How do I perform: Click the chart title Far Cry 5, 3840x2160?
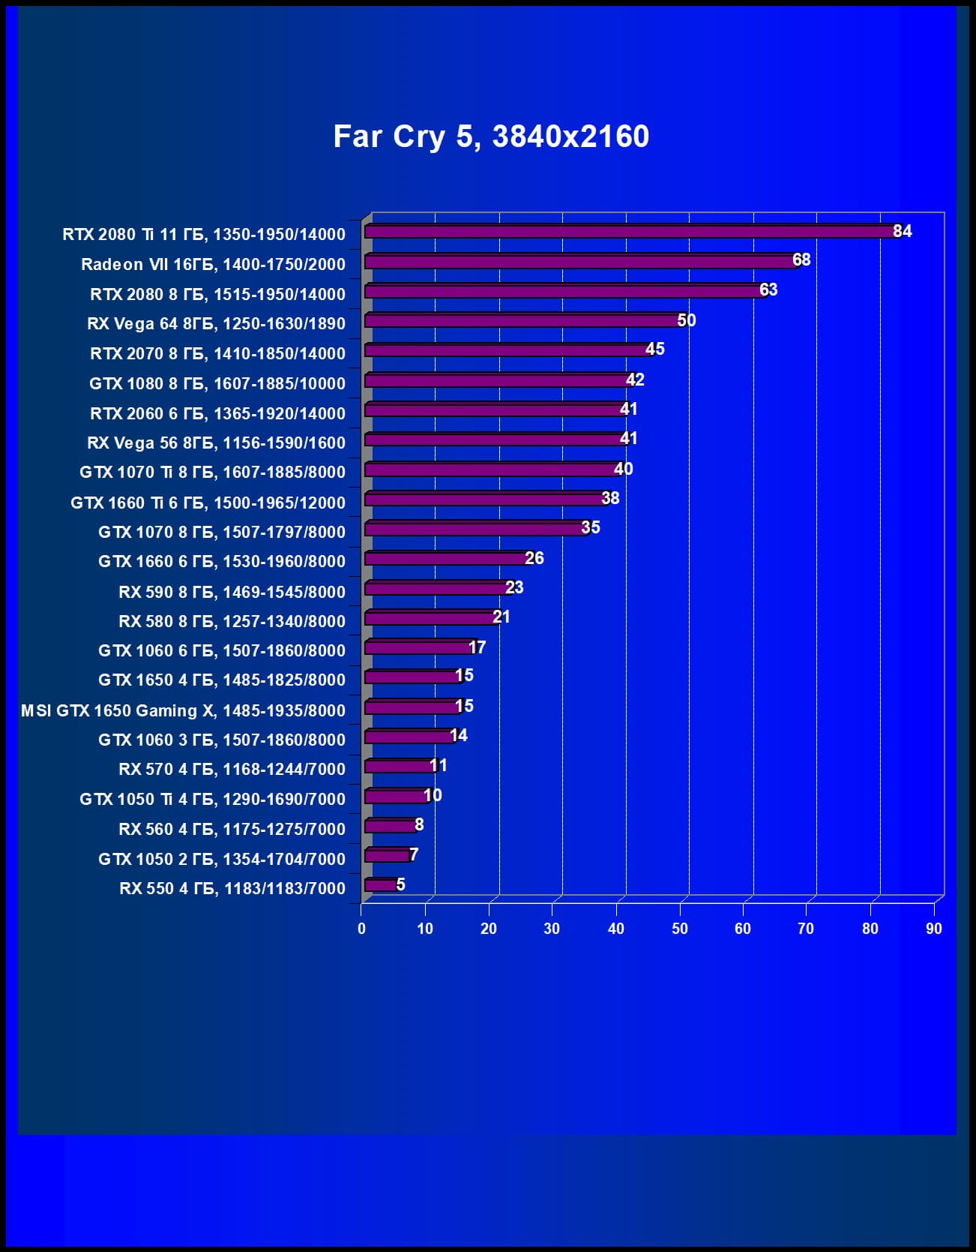click(x=491, y=137)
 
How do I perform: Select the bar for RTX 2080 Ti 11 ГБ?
click(x=630, y=232)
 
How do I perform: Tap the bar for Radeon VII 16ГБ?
click(x=581, y=262)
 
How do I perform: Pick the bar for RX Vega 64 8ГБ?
click(x=523, y=321)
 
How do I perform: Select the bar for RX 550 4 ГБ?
click(x=381, y=885)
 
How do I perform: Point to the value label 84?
click(x=902, y=231)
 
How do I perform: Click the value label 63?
click(x=768, y=290)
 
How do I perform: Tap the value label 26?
click(x=534, y=558)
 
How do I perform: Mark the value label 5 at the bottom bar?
click(x=401, y=884)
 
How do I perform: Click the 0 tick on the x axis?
click(x=361, y=929)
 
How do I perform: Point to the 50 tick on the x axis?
click(x=680, y=929)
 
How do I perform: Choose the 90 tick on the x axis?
click(x=933, y=929)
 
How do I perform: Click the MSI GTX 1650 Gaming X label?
click(x=183, y=710)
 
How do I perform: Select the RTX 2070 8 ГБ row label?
click(x=217, y=353)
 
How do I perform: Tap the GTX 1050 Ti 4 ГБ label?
click(x=212, y=799)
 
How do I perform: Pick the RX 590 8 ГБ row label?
click(x=232, y=592)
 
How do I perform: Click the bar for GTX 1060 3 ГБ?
click(x=409, y=737)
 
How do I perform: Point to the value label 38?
click(x=610, y=498)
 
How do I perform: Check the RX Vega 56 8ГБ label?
click(x=216, y=443)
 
